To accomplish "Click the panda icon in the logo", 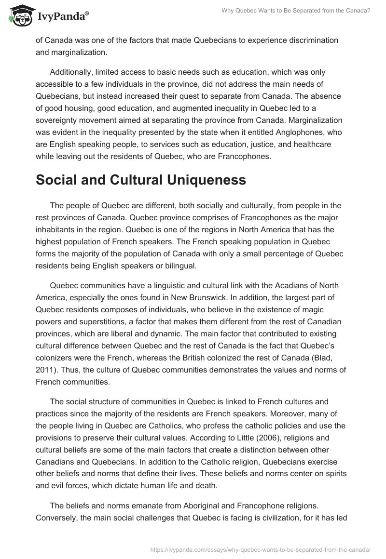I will pyautogui.click(x=18, y=15).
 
